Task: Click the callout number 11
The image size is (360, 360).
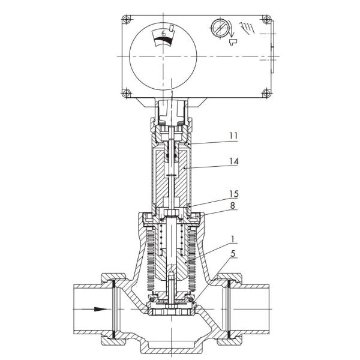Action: point(233,136)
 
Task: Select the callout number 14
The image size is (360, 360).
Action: point(233,161)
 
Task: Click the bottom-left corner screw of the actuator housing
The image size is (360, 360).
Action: point(126,92)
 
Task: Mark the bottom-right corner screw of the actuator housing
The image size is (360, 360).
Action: point(265,92)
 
